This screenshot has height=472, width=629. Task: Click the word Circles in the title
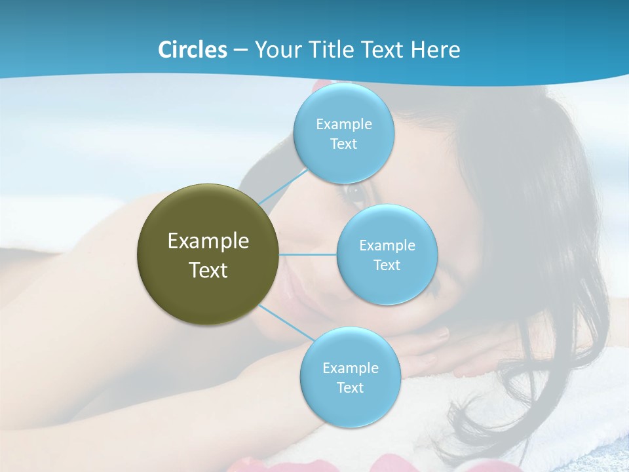[192, 50]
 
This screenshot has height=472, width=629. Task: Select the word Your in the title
[275, 50]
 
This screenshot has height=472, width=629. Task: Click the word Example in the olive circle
[208, 241]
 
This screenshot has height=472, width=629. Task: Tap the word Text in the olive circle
[208, 270]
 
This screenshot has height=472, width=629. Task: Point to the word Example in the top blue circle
[344, 125]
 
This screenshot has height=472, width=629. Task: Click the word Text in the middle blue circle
[387, 265]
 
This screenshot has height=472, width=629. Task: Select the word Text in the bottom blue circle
[350, 388]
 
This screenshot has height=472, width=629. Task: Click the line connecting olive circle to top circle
[283, 186]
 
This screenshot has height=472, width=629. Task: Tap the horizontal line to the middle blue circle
[308, 254]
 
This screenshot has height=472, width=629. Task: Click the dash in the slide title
[240, 50]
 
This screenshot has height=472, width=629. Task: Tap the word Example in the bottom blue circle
[351, 368]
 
